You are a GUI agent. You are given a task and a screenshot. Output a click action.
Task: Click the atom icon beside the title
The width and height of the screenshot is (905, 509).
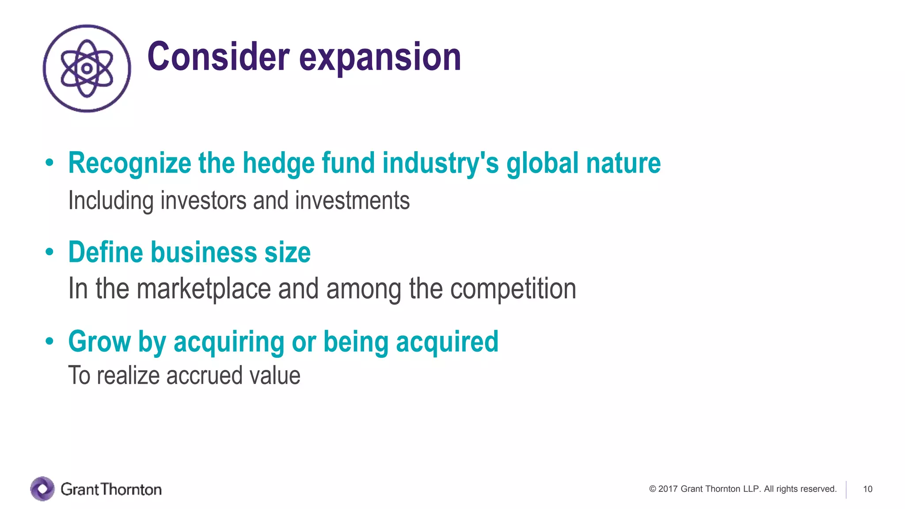[87, 68]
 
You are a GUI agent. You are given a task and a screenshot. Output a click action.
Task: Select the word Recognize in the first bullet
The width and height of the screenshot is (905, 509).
[129, 163]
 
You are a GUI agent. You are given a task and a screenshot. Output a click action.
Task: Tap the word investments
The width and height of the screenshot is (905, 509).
[352, 201]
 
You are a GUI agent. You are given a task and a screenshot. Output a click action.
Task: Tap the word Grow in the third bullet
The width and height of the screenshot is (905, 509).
[99, 342]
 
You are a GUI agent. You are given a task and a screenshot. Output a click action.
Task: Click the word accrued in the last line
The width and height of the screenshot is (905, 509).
[205, 376]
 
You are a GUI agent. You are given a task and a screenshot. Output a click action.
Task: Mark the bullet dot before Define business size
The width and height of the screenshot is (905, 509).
[49, 252]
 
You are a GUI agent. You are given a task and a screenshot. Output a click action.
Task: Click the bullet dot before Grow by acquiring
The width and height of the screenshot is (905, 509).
[49, 342]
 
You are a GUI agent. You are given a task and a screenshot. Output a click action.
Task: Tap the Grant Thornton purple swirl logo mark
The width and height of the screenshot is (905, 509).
[42, 489]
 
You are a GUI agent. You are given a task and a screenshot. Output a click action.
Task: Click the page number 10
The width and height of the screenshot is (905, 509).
[867, 489]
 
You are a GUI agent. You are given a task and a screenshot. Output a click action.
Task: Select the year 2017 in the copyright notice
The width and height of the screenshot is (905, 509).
[668, 489]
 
